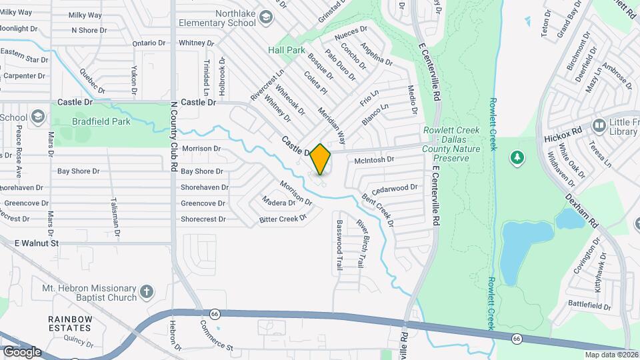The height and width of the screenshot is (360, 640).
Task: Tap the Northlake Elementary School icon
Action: [267, 17]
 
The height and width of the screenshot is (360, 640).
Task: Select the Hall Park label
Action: [286, 50]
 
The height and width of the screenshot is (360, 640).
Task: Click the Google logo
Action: [21, 351]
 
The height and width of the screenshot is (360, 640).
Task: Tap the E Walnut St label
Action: [37, 243]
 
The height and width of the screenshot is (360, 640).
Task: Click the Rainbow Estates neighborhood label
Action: [69, 323]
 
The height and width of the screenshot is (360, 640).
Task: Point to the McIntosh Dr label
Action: [375, 160]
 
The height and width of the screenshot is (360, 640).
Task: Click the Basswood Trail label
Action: [339, 244]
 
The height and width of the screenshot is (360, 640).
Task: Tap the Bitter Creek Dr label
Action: [283, 218]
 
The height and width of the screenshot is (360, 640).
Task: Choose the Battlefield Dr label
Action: [589, 306]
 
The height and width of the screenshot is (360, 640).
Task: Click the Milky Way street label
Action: [85, 14]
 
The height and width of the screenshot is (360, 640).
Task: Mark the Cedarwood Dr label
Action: [395, 188]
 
